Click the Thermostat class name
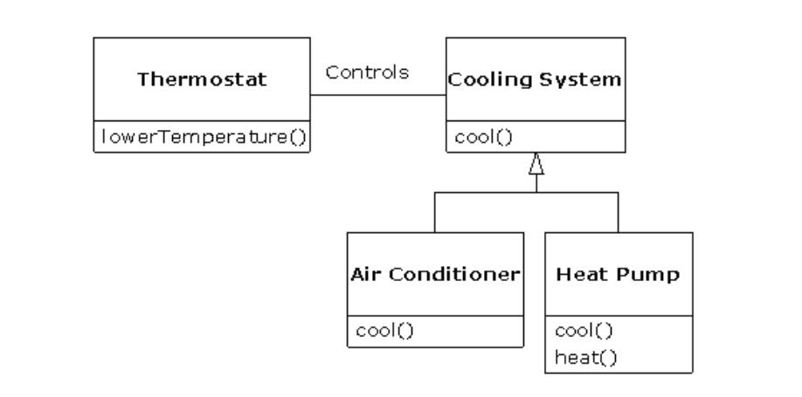202,80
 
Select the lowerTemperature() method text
202,138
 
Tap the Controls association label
367,72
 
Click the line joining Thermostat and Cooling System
377,95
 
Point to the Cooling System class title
535,80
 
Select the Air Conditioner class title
435,273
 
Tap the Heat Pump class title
618,273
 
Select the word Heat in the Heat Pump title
577,273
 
